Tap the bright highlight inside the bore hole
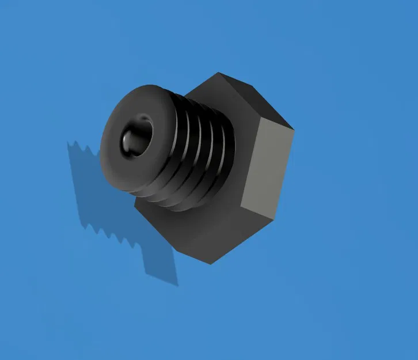(x=128, y=140)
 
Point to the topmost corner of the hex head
(x=219, y=73)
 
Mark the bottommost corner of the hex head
(x=210, y=264)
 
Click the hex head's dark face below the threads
(x=190, y=230)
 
